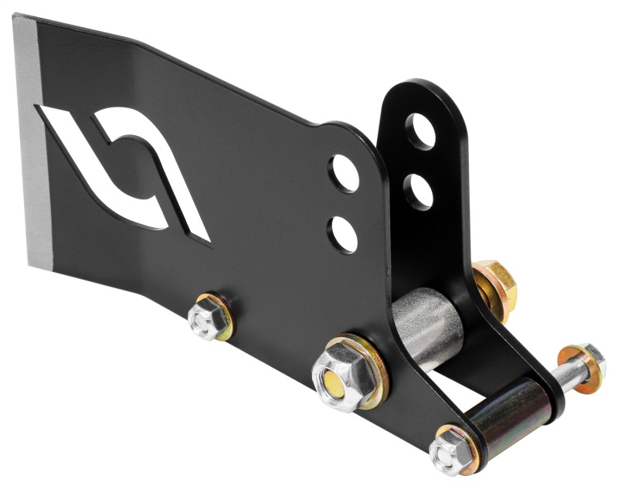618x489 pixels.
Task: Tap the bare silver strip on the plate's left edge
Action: (31, 139)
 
